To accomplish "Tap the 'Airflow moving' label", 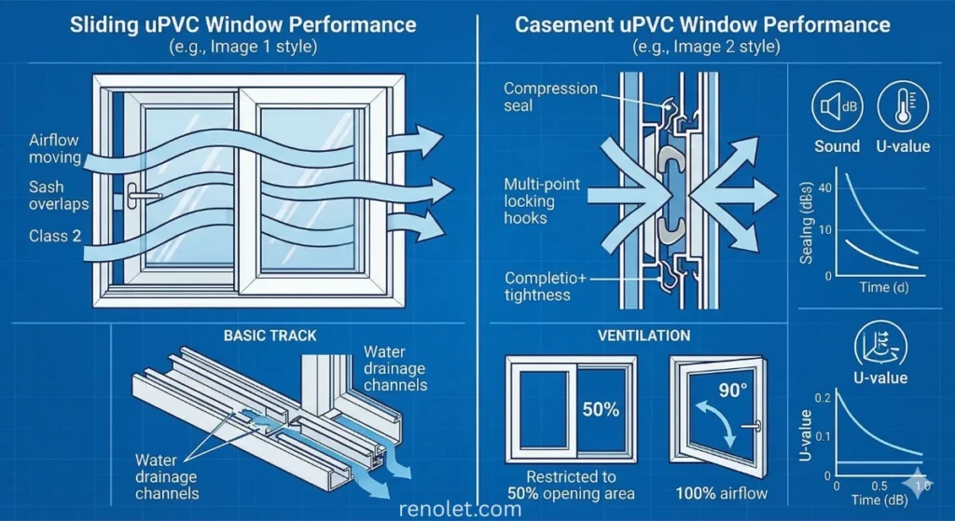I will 54,148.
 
